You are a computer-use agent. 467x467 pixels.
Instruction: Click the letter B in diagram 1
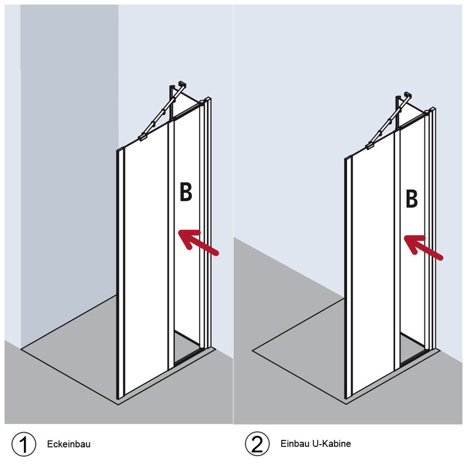(x=186, y=192)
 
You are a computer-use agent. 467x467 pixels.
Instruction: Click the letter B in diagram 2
(x=411, y=198)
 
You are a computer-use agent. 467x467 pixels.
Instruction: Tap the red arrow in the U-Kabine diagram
(x=423, y=248)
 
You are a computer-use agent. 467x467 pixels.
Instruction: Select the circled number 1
(x=24, y=444)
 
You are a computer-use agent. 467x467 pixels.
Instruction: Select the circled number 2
(x=257, y=444)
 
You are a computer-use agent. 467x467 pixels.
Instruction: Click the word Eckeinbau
(x=69, y=444)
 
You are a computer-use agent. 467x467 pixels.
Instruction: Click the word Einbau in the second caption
(x=295, y=444)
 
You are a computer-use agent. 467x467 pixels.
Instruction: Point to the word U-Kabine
(x=332, y=444)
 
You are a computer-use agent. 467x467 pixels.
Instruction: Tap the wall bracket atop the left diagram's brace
(x=182, y=84)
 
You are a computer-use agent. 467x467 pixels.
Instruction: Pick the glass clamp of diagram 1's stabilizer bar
(x=142, y=137)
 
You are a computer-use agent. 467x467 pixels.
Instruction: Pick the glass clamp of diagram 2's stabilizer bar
(x=370, y=146)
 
